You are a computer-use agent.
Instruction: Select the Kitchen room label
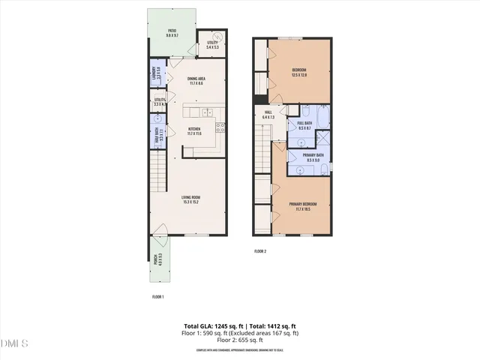point(194,130)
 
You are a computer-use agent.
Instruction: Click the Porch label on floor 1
point(157,260)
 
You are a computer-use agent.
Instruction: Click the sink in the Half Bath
point(158,119)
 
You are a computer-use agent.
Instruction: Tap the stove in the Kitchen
point(220,127)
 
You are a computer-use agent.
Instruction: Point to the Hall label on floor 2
point(269,115)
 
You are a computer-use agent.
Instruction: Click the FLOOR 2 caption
point(260,250)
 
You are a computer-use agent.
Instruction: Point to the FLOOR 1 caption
point(157,297)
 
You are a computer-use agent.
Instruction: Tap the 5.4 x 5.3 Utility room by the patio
point(212,44)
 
